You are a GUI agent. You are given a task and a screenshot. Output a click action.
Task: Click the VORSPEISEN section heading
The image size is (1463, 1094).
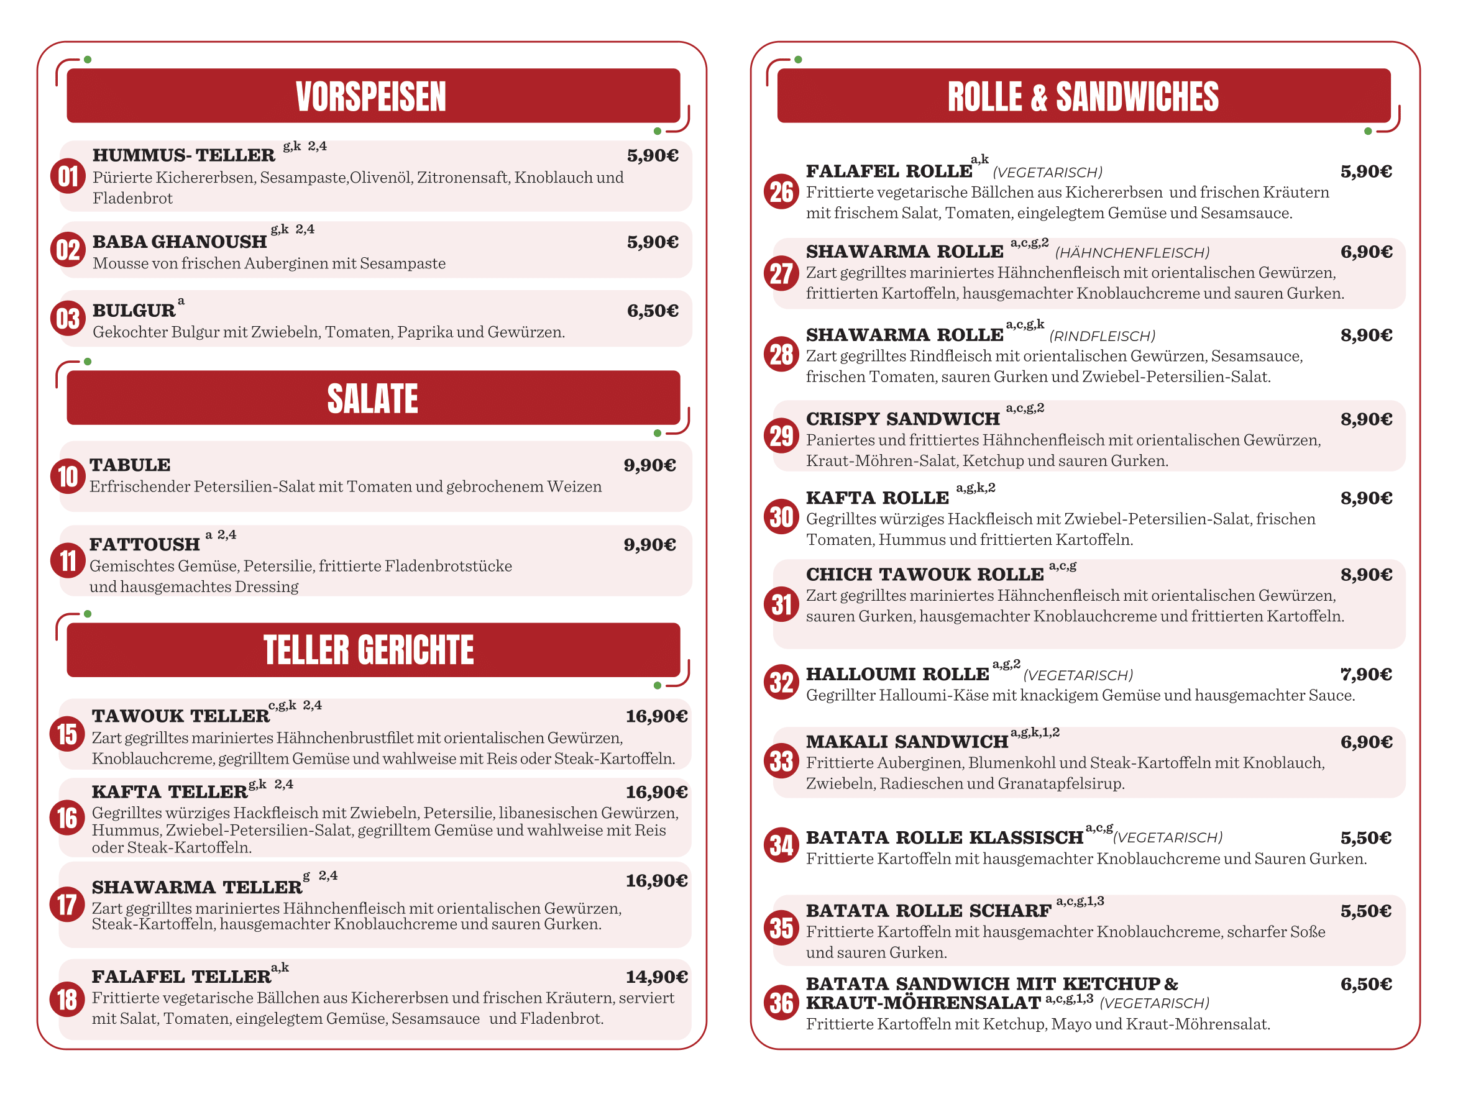371,96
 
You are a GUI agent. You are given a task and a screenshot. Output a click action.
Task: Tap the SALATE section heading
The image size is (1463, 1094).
372,399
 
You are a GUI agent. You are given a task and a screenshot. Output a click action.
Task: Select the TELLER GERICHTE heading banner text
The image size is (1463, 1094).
369,650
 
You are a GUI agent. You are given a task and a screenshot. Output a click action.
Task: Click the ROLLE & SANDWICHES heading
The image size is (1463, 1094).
1083,96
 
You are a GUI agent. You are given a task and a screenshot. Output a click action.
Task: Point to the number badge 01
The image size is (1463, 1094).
68,176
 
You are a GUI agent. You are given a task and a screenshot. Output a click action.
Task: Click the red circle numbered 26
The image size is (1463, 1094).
781,192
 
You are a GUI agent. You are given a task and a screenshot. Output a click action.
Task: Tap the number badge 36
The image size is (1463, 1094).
781,1003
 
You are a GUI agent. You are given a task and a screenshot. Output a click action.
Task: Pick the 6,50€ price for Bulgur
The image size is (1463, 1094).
652,311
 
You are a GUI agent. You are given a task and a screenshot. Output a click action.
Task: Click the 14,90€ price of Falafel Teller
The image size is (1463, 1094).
656,977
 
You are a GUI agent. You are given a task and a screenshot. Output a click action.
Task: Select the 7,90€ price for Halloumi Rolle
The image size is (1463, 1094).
1366,674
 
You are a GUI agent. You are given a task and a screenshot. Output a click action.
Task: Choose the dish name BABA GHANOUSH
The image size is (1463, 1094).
179,242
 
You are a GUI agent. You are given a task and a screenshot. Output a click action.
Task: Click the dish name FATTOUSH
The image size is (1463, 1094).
144,545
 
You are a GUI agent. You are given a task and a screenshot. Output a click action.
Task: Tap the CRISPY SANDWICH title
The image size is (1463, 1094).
902,419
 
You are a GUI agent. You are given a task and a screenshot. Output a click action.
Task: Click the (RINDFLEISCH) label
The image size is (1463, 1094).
1102,337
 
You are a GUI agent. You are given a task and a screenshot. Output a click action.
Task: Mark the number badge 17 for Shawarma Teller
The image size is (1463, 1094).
66,905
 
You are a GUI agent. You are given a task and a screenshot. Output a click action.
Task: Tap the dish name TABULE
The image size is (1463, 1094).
131,465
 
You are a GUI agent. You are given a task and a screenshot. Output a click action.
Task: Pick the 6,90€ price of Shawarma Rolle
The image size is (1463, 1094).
1366,252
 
